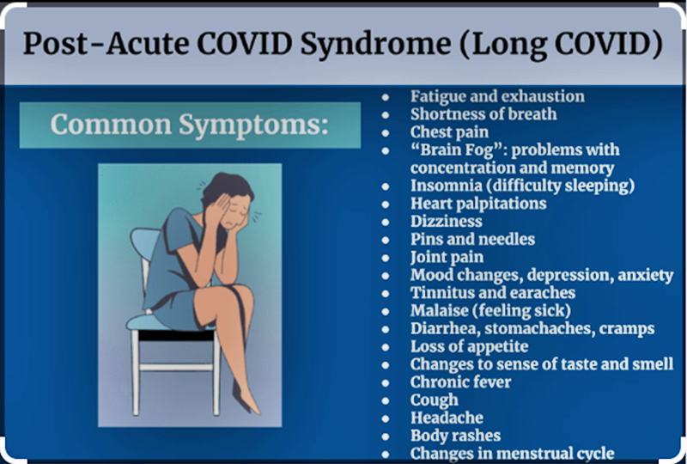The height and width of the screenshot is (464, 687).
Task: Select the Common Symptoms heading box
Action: coord(190,125)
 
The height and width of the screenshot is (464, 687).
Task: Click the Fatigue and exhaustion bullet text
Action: coord(497,96)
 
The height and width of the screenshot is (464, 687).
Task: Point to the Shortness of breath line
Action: coord(483,114)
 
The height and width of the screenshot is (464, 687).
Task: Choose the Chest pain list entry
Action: coord(449,132)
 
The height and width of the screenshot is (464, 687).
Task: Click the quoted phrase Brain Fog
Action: coord(451,150)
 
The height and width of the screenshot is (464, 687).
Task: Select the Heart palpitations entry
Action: coord(478,204)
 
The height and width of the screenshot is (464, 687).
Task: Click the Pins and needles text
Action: coord(472,239)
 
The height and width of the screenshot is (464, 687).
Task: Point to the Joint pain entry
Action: coord(447,257)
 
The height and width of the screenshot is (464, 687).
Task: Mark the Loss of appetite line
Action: coord(469,346)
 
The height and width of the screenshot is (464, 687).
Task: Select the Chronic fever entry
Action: coord(460,382)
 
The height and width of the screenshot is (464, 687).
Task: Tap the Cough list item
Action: coord(435,400)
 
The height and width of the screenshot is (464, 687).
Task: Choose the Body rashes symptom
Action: coord(455,435)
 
